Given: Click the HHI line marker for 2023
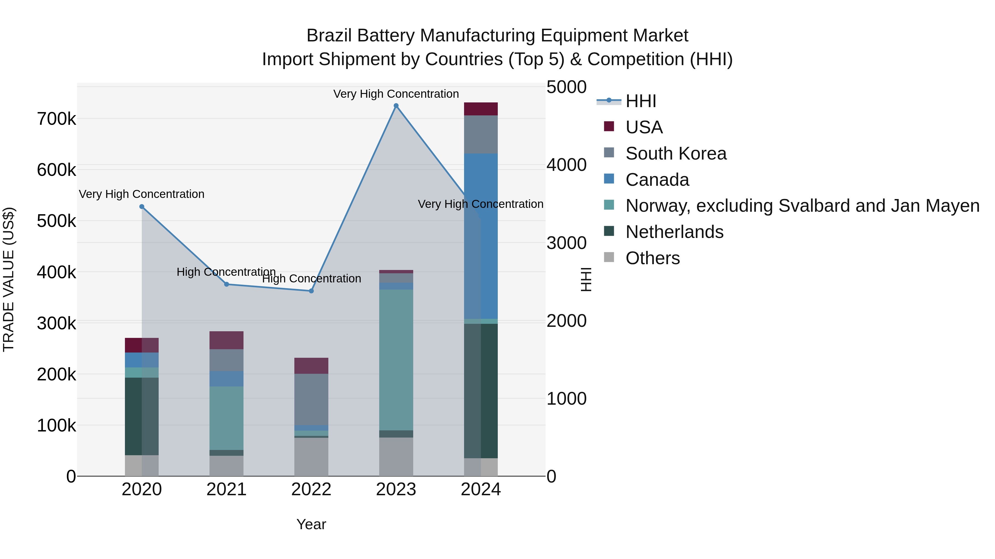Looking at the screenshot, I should click(396, 106).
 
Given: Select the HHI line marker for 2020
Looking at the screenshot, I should click(142, 207).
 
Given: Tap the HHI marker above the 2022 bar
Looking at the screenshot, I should click(311, 291).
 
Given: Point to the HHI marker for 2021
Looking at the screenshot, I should click(226, 284).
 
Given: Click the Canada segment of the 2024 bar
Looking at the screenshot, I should click(481, 236).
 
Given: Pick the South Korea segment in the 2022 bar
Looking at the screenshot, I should click(311, 399).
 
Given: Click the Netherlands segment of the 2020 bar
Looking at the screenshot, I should click(142, 416).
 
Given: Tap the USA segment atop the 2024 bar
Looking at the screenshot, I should click(481, 109).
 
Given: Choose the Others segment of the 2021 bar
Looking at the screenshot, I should click(226, 466).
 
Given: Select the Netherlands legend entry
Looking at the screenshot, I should click(674, 232).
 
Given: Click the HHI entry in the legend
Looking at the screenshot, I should click(640, 101).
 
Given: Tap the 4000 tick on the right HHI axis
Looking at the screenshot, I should click(566, 165).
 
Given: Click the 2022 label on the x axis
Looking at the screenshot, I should click(311, 489).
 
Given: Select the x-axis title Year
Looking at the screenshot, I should click(311, 524).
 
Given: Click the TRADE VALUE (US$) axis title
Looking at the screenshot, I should click(9, 279).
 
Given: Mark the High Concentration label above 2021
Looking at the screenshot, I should click(226, 272).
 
